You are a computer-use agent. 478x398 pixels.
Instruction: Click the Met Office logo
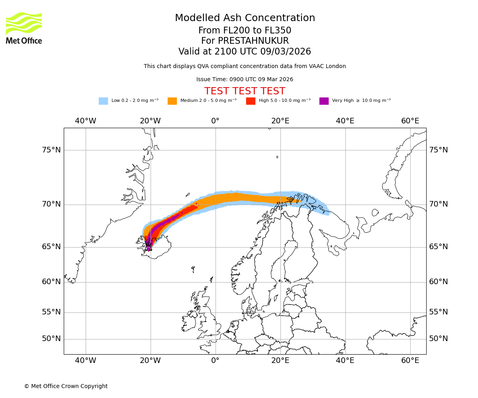click(x=24, y=28)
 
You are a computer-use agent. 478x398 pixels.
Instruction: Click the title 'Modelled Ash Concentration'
click(x=245, y=18)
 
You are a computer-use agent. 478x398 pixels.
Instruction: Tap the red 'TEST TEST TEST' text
click(x=245, y=91)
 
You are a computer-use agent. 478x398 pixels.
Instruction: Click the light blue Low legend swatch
click(x=103, y=101)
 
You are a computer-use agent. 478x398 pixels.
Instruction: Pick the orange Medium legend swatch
click(x=172, y=101)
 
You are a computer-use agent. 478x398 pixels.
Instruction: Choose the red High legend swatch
click(x=251, y=101)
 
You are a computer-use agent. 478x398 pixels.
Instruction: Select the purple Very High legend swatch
click(x=324, y=101)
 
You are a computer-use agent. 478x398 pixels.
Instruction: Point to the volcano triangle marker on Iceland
click(x=149, y=248)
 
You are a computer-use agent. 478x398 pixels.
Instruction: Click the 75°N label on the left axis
click(x=51, y=150)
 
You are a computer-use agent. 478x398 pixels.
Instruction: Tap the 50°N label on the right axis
click(x=438, y=339)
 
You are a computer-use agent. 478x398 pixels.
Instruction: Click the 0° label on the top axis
click(x=215, y=121)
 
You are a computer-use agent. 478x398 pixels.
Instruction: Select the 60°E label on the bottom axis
click(x=410, y=361)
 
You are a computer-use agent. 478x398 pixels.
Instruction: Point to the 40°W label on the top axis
click(x=85, y=121)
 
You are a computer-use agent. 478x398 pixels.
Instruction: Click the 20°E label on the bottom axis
click(x=280, y=361)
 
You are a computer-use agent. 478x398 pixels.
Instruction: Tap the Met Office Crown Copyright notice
click(x=66, y=386)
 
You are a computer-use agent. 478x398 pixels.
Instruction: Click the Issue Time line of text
click(x=245, y=80)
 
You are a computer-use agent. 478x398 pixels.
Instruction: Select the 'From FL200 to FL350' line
click(x=245, y=31)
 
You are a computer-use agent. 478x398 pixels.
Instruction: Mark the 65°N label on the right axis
click(x=438, y=247)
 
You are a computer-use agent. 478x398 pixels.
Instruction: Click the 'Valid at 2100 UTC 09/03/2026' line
click(x=245, y=52)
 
